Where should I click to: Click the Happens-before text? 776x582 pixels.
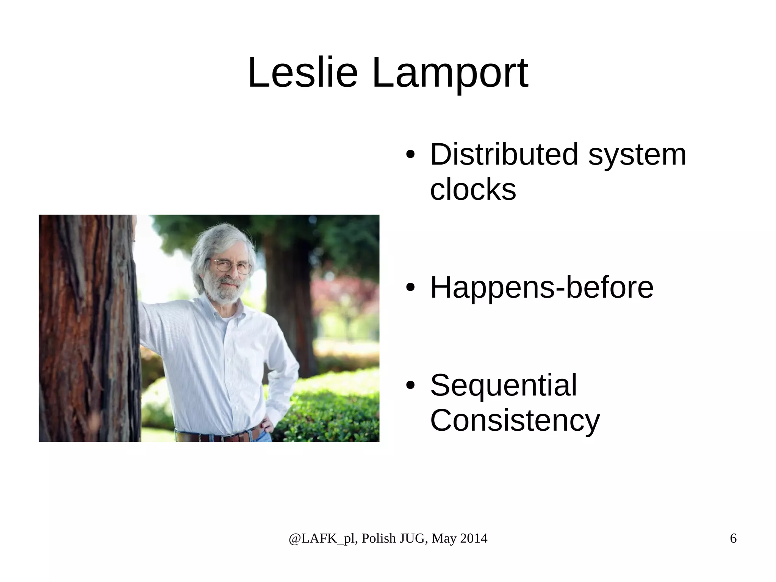(542, 287)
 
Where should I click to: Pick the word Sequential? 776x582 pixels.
(504, 385)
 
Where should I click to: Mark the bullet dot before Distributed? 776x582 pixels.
(410, 155)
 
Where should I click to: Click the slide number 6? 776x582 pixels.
(733, 538)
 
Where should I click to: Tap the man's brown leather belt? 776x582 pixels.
(220, 437)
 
